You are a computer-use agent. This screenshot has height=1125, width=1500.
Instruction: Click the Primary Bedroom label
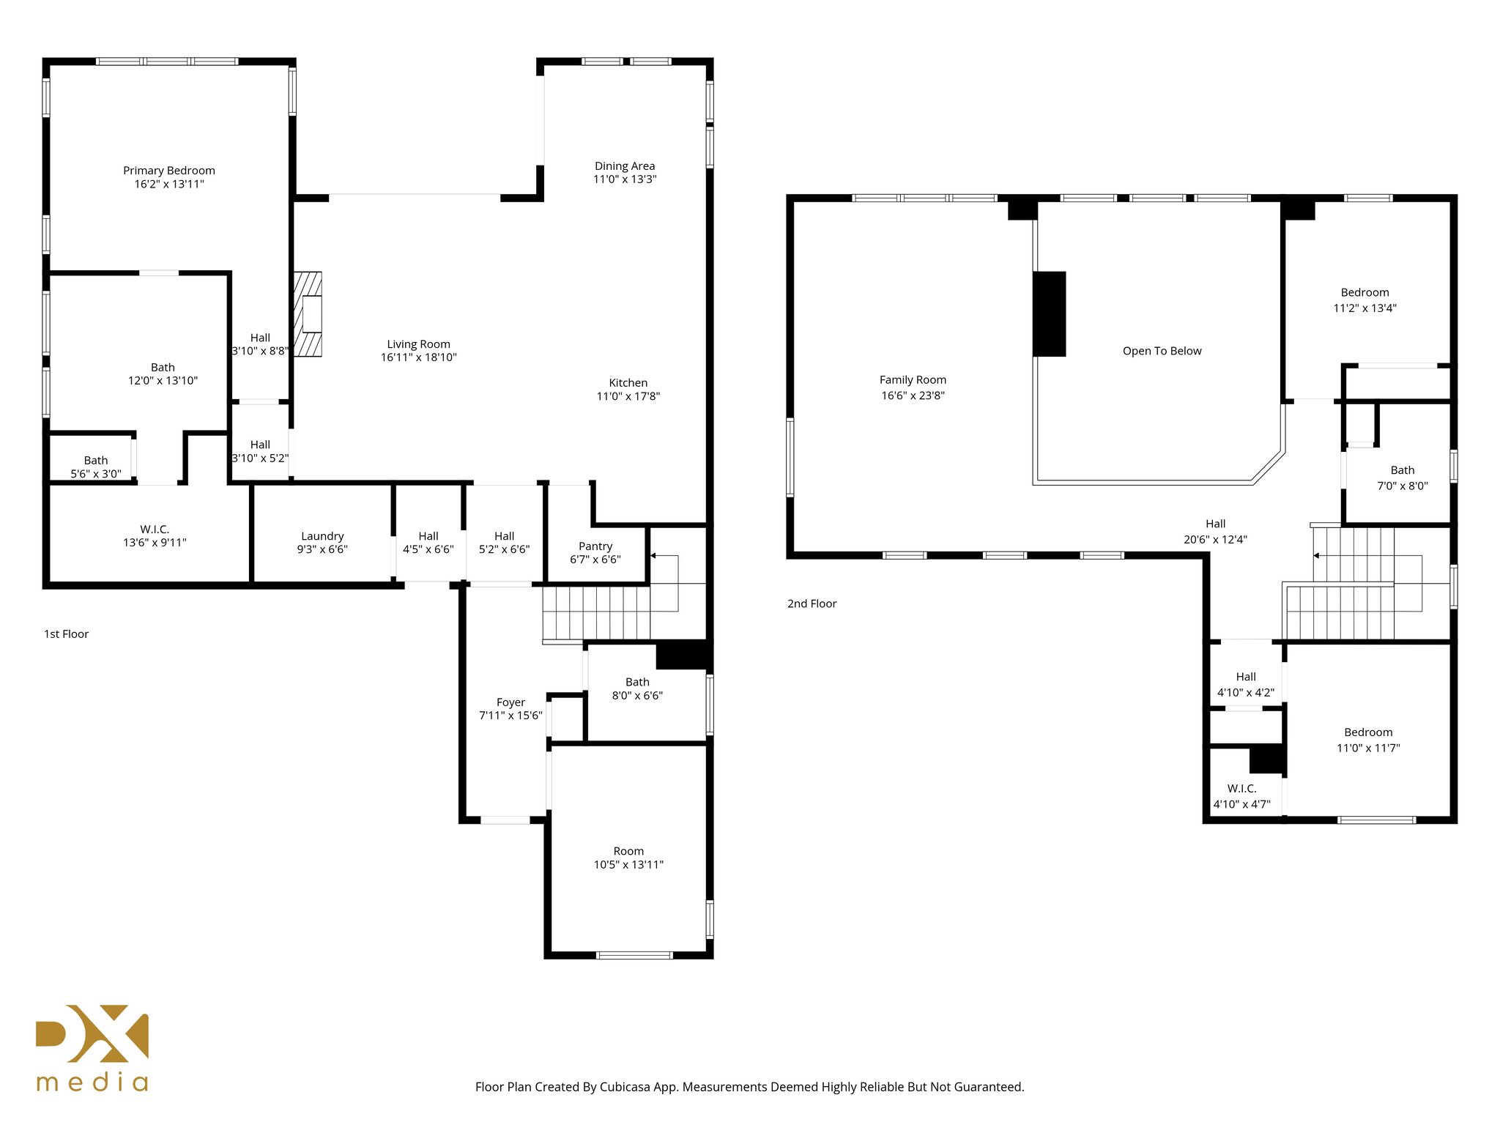(169, 171)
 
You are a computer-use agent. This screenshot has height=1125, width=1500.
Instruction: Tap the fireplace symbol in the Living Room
(308, 314)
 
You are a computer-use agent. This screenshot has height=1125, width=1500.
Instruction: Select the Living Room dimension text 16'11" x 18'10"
(418, 357)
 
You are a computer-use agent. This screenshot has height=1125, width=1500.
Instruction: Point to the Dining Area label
(624, 166)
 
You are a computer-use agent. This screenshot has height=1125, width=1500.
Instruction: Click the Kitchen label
(628, 383)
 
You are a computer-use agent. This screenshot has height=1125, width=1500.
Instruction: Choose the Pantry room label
(595, 546)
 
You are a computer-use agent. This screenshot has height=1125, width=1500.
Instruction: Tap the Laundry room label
(322, 536)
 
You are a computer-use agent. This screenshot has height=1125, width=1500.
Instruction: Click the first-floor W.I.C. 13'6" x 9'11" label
(155, 536)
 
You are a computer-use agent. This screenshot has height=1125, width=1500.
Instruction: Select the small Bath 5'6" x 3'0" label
(95, 467)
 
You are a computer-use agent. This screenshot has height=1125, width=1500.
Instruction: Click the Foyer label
(510, 702)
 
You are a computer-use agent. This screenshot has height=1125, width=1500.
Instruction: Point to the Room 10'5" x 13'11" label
(628, 858)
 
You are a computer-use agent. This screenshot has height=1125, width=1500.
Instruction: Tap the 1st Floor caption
(66, 634)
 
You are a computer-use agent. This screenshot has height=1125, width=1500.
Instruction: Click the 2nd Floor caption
(812, 604)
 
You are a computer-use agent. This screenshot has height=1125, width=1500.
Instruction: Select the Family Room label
(913, 380)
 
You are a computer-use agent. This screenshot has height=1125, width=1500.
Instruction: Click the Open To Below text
(1162, 351)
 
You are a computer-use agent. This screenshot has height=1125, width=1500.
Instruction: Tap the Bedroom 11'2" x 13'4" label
(1365, 300)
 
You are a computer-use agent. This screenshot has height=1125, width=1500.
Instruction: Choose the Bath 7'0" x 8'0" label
(1402, 478)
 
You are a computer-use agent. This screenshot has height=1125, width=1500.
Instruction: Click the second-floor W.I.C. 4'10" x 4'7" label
(1241, 796)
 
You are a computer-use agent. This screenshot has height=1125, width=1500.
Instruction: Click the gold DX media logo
(92, 1047)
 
